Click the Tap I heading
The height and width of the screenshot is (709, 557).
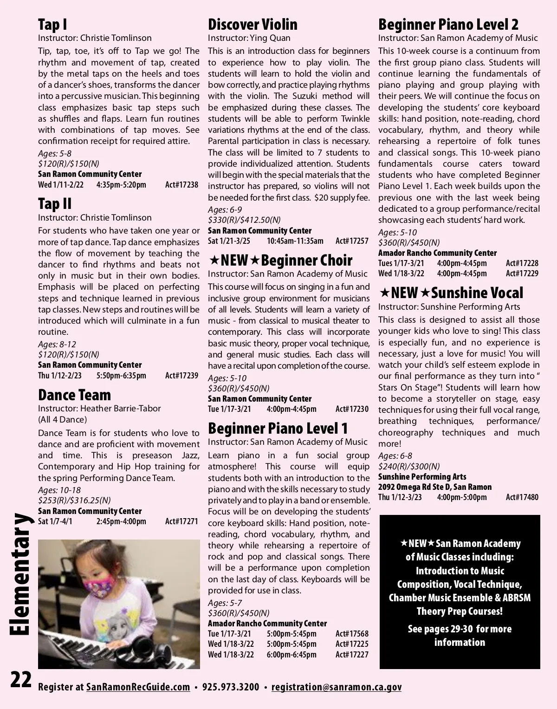pyautogui.click(x=52, y=25)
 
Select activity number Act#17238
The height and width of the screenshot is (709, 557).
pyautogui.click(x=181, y=185)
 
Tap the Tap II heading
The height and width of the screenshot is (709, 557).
pyautogui.click(x=55, y=204)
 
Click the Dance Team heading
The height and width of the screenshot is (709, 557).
pyautogui.click(x=74, y=395)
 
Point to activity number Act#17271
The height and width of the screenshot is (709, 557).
pyautogui.click(x=181, y=521)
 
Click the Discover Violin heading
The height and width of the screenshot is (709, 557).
pyautogui.click(x=253, y=25)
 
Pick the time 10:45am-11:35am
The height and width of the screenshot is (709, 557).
pyautogui.click(x=295, y=241)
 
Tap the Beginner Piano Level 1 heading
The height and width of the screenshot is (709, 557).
pyautogui.click(x=278, y=428)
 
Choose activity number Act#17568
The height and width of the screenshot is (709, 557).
pyautogui.click(x=352, y=634)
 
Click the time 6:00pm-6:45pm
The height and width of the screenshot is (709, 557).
pyautogui.click(x=291, y=655)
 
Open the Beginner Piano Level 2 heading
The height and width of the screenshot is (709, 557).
pyautogui.click(x=448, y=25)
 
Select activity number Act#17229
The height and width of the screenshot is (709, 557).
pyautogui.click(x=522, y=273)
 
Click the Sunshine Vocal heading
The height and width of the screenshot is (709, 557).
pyautogui.click(x=477, y=293)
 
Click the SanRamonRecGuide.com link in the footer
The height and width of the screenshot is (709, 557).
pyautogui.click(x=138, y=687)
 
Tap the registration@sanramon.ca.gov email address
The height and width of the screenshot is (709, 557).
pyautogui.click(x=336, y=687)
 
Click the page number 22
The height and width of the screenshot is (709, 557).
pyautogui.click(x=21, y=680)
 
